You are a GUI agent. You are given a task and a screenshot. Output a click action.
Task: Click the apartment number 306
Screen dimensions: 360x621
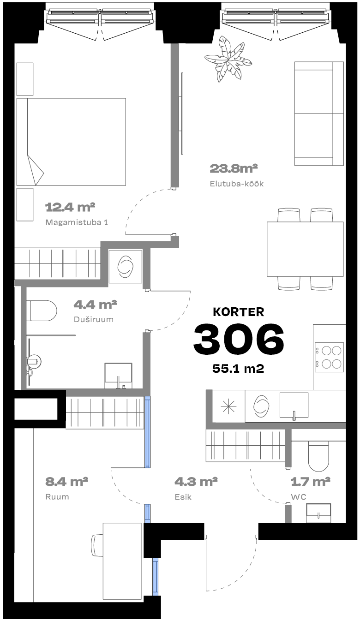(239, 339)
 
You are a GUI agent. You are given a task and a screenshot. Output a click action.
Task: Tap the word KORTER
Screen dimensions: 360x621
(239, 312)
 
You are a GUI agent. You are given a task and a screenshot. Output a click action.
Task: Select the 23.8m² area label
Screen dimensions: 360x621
(234, 168)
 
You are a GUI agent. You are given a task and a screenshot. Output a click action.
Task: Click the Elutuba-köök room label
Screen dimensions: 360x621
(237, 184)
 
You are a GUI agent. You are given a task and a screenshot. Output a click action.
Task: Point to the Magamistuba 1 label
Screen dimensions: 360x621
(77, 222)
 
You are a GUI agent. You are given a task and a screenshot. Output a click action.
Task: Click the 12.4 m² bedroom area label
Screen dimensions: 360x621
(70, 207)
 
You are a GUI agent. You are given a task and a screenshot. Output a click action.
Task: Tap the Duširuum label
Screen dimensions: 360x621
(94, 319)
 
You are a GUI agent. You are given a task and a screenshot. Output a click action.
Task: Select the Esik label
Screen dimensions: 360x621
(183, 497)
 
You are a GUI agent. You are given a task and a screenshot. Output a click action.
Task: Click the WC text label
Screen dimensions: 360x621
(299, 497)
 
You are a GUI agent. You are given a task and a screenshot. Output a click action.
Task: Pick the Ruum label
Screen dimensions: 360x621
(57, 497)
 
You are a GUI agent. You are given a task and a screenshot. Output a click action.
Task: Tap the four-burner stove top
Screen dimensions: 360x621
(329, 357)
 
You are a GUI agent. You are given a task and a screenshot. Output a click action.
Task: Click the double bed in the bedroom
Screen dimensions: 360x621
(71, 142)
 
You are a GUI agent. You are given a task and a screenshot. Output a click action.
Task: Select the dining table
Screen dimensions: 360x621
(305, 249)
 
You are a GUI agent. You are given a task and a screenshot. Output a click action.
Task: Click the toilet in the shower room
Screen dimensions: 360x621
(42, 310)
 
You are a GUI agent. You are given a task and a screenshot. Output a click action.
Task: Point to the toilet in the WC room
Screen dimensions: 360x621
(318, 455)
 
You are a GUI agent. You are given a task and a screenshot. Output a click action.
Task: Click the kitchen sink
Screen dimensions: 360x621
(294, 406)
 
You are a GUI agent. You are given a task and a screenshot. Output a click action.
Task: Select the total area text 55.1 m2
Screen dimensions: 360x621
(238, 369)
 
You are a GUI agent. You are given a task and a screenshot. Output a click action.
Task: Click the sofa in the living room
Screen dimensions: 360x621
(319, 113)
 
